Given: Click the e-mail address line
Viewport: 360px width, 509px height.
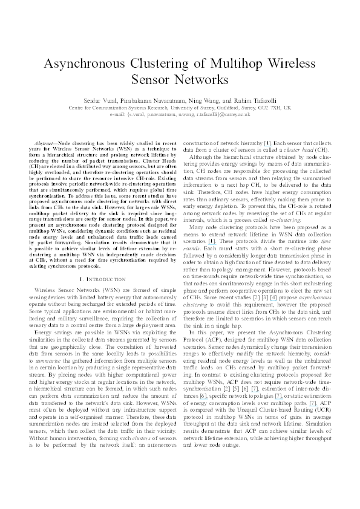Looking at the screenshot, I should coord(180,113).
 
